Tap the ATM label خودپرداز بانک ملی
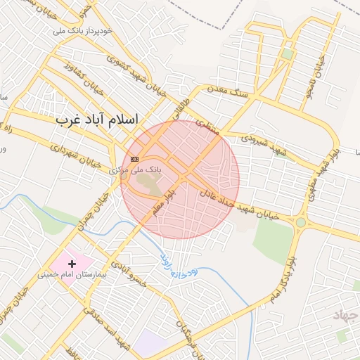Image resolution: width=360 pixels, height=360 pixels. coord(84,32)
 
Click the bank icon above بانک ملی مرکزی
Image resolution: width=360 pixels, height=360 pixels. coord(134,160)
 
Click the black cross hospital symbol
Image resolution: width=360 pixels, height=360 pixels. coord(72,263)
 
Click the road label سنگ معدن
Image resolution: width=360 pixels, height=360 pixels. coord(225,89)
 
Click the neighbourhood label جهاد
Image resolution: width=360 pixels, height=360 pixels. coord(346,314)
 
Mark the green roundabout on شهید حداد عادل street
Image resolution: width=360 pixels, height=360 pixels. coord(301,222)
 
